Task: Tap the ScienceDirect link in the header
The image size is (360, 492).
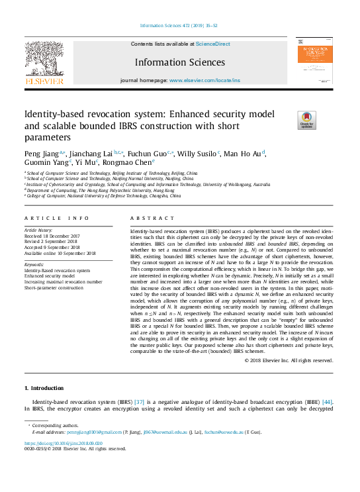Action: (213, 44)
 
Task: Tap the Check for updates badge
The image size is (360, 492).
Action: (288, 119)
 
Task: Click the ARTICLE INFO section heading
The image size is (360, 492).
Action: (56, 218)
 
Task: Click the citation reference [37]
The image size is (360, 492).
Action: (140, 402)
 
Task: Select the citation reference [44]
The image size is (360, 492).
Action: (326, 402)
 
